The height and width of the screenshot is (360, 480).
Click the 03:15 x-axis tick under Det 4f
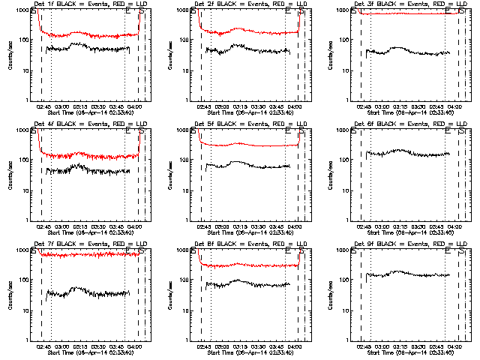tap(80, 226)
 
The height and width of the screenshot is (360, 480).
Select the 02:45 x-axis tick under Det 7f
tap(43, 346)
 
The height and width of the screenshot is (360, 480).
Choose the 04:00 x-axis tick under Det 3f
tap(455, 106)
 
